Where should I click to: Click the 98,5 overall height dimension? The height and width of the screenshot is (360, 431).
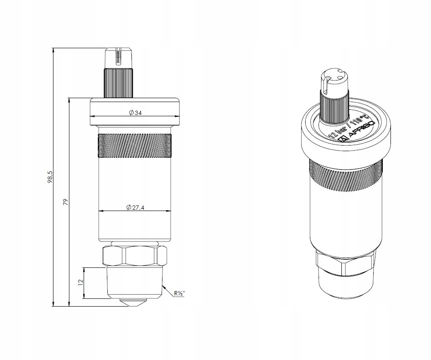pyautogui.click(x=50, y=177)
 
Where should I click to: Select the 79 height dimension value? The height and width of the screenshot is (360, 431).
pyautogui.click(x=66, y=202)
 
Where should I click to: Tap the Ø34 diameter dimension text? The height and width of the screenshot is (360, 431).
pyautogui.click(x=134, y=112)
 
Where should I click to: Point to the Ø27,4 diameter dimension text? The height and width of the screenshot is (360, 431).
pyautogui.click(x=135, y=207)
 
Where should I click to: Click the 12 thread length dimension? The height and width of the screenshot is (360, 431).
pyautogui.click(x=81, y=282)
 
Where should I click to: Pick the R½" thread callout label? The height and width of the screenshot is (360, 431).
pyautogui.click(x=179, y=293)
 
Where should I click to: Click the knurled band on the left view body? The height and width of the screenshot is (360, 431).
pyautogui.click(x=134, y=146)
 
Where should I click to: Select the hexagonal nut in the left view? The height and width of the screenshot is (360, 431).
pyautogui.click(x=134, y=256)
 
